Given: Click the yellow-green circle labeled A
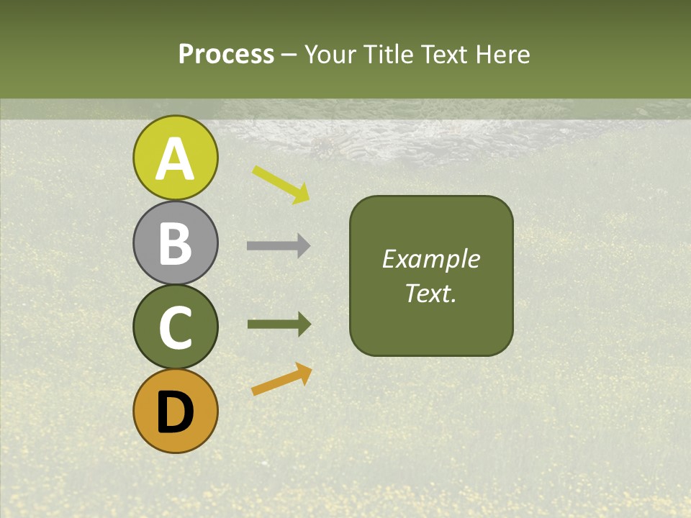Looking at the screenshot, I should pyautogui.click(x=175, y=158).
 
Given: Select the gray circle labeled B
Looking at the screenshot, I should pyautogui.click(x=175, y=243).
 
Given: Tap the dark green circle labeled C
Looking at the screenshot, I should pyautogui.click(x=175, y=327).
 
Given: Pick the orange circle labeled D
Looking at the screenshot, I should pyautogui.click(x=175, y=412).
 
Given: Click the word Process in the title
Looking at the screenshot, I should pyautogui.click(x=226, y=55).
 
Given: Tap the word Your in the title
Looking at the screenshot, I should pyautogui.click(x=333, y=55).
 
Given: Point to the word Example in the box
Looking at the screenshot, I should pyautogui.click(x=430, y=259).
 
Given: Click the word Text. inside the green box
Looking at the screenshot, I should pyautogui.click(x=430, y=293).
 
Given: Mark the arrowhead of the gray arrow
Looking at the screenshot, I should pyautogui.click(x=303, y=246).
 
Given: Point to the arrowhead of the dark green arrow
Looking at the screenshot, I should pyautogui.click(x=303, y=324).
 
